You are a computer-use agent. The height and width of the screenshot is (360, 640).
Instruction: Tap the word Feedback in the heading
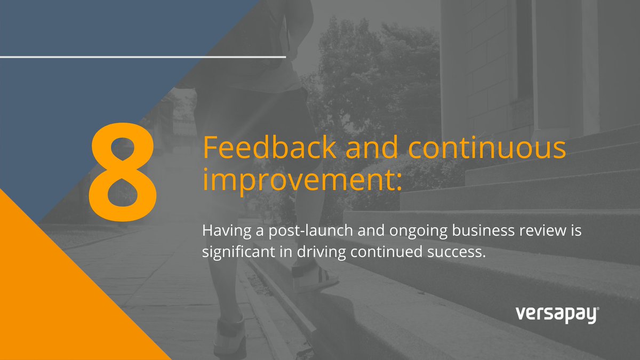coord(269,148)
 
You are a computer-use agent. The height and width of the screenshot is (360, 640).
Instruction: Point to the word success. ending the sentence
coord(459,251)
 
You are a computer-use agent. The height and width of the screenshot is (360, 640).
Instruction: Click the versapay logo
coord(557,315)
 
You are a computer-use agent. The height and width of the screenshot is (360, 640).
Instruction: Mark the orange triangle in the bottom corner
coord(53,299)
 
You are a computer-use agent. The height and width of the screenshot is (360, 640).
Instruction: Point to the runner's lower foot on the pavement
coord(229,336)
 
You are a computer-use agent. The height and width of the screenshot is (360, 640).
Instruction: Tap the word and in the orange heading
coord(365,148)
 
